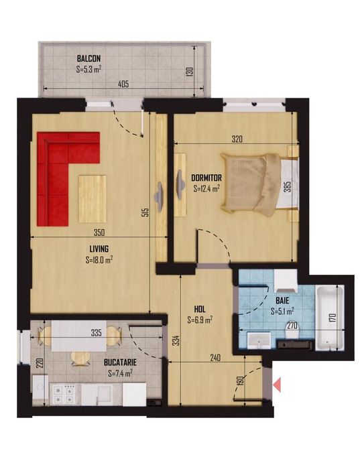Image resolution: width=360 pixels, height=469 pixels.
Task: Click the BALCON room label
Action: [x=88, y=58]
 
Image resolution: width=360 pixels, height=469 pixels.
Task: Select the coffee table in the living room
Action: [x=93, y=199]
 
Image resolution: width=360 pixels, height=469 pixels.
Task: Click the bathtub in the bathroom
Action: [x=330, y=318]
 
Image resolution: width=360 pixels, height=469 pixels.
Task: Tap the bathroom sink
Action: [x=259, y=341]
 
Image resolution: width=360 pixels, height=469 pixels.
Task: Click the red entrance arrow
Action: [x=277, y=385]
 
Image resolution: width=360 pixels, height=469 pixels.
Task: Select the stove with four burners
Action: [x=65, y=395]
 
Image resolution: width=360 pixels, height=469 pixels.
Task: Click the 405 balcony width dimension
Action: [x=123, y=84]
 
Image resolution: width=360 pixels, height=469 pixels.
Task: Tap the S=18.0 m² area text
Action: [x=99, y=259]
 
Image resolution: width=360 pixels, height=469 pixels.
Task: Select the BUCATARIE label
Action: [x=120, y=362]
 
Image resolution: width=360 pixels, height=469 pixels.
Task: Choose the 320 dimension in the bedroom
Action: [x=237, y=139]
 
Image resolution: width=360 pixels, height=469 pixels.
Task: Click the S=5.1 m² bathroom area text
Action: [x=282, y=312]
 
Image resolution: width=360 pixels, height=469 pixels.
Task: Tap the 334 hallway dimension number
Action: [x=176, y=340]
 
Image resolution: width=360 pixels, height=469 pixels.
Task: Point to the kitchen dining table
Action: [x=79, y=336]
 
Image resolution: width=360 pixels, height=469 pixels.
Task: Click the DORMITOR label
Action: [x=206, y=178]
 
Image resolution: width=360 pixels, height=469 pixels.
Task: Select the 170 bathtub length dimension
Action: [x=334, y=318]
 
